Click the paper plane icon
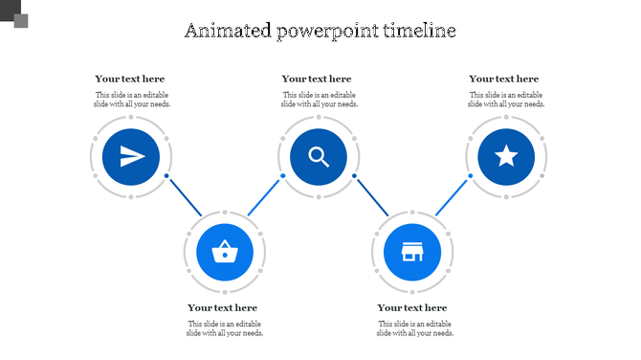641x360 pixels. [132, 156]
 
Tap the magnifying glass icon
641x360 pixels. [319, 156]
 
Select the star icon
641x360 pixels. [506, 156]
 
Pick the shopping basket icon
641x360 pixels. [225, 252]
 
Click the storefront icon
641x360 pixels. [412, 252]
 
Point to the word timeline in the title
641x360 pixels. [419, 31]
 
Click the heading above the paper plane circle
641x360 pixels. [130, 79]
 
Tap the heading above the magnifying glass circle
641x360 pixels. [317, 79]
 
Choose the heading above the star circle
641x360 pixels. [504, 79]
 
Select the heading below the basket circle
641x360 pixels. [223, 307]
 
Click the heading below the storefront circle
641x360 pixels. [412, 307]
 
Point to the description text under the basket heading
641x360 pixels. [225, 328]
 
